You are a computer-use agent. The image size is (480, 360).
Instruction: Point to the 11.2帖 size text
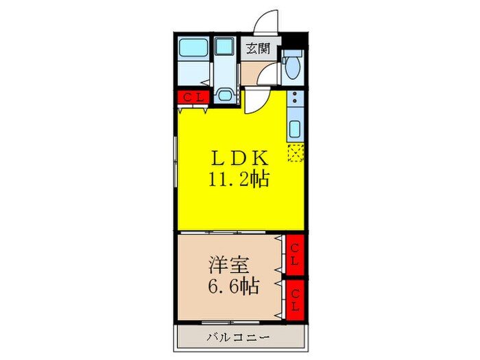[x=239, y=180]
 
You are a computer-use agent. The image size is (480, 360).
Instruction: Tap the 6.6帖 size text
[x=233, y=286]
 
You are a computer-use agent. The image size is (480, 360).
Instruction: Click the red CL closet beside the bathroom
[x=192, y=98]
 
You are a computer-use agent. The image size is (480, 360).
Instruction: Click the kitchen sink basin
[x=295, y=129]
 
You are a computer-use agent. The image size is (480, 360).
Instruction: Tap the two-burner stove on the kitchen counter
[x=293, y=102]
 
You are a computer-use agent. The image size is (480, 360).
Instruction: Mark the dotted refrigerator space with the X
[x=296, y=152]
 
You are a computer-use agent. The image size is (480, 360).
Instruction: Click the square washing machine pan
[x=224, y=47]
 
